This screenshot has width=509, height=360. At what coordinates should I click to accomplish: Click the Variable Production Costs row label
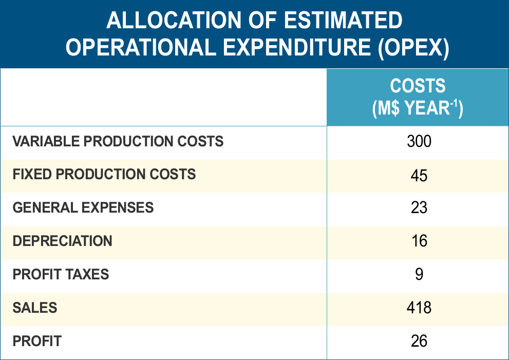(118, 141)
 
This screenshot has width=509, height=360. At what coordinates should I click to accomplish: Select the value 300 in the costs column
(419, 141)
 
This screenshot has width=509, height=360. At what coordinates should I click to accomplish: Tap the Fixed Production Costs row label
(104, 174)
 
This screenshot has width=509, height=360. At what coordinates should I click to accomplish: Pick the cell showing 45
(419, 175)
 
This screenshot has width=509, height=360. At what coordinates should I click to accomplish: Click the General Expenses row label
(83, 207)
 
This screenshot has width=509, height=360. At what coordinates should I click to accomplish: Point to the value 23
(419, 208)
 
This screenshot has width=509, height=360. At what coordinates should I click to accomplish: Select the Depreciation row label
(62, 241)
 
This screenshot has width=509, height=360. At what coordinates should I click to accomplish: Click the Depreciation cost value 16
(419, 241)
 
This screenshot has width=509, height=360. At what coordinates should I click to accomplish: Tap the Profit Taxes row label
(61, 274)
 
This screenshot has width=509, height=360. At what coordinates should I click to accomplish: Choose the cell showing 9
(419, 274)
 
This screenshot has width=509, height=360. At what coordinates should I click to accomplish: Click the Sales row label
(35, 308)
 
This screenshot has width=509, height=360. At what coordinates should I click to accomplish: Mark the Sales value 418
(419, 308)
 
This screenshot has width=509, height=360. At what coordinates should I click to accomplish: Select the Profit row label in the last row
(37, 340)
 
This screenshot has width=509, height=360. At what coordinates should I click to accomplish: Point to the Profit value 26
(419, 341)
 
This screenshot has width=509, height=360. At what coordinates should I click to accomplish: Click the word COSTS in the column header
(418, 86)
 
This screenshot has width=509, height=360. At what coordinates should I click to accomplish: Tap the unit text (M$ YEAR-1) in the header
(418, 108)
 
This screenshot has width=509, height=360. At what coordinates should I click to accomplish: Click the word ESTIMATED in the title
(342, 22)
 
